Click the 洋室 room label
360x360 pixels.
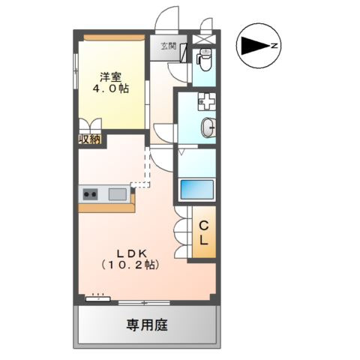[x=110, y=77]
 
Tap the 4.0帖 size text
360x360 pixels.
[x=111, y=88]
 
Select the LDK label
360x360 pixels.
[x=132, y=253]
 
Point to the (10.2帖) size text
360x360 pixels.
[x=130, y=265]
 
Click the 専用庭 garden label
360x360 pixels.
[x=147, y=325]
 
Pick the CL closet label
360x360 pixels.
[x=204, y=233]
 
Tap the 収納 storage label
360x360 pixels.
[x=90, y=139]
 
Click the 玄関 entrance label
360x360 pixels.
[x=169, y=46]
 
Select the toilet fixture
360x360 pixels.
[x=204, y=59]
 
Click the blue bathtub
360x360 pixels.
[x=197, y=189]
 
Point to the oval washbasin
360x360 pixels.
[x=208, y=127]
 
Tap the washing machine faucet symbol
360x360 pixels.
[x=207, y=101]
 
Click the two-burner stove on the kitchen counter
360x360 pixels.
[x=90, y=194]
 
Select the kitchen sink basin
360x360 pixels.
[x=117, y=194]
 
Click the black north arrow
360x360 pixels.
[x=256, y=46]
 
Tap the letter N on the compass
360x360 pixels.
[x=274, y=46]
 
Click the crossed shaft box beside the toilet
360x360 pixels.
[x=204, y=40]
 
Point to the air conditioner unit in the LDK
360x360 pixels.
[x=98, y=298]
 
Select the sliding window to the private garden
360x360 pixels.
[x=144, y=303]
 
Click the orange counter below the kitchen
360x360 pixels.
[x=107, y=206]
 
